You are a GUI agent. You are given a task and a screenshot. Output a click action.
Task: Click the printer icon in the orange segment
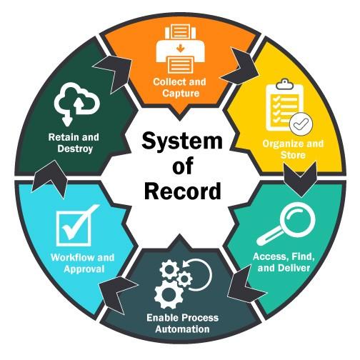pos(180,50)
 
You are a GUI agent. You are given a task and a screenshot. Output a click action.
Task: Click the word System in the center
pos(182,141)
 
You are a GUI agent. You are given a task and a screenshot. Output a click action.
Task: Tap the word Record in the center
pos(183,191)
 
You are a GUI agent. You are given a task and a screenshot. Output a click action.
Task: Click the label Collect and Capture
pos(180,87)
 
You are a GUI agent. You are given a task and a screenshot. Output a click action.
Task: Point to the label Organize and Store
pos(293,149)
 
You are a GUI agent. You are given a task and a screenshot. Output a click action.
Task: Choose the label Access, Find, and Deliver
pos(284,262)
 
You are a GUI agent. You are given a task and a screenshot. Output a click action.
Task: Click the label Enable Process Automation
pos(182,324)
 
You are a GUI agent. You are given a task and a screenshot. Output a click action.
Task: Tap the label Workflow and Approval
pos(83,263)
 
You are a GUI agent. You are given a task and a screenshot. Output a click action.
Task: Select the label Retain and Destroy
pos(74,143)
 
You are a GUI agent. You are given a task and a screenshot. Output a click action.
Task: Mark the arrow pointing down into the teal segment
pos(300,179)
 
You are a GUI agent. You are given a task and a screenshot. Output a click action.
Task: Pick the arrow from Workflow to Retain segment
pos(50,178)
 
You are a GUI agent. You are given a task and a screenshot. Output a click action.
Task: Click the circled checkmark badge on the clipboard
pos(301,124)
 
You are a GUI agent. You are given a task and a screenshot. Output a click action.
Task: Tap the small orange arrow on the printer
pos(181,49)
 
